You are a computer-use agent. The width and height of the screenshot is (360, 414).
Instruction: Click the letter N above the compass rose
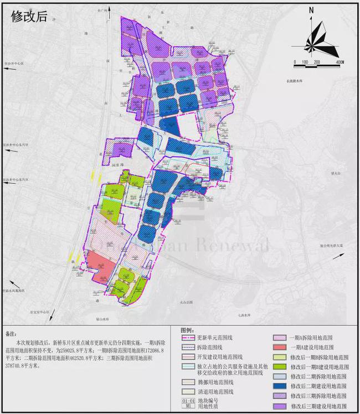(312, 10)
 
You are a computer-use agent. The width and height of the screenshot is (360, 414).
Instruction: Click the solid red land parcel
(100, 266)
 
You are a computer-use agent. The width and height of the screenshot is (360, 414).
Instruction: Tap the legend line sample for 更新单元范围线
(190, 337)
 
